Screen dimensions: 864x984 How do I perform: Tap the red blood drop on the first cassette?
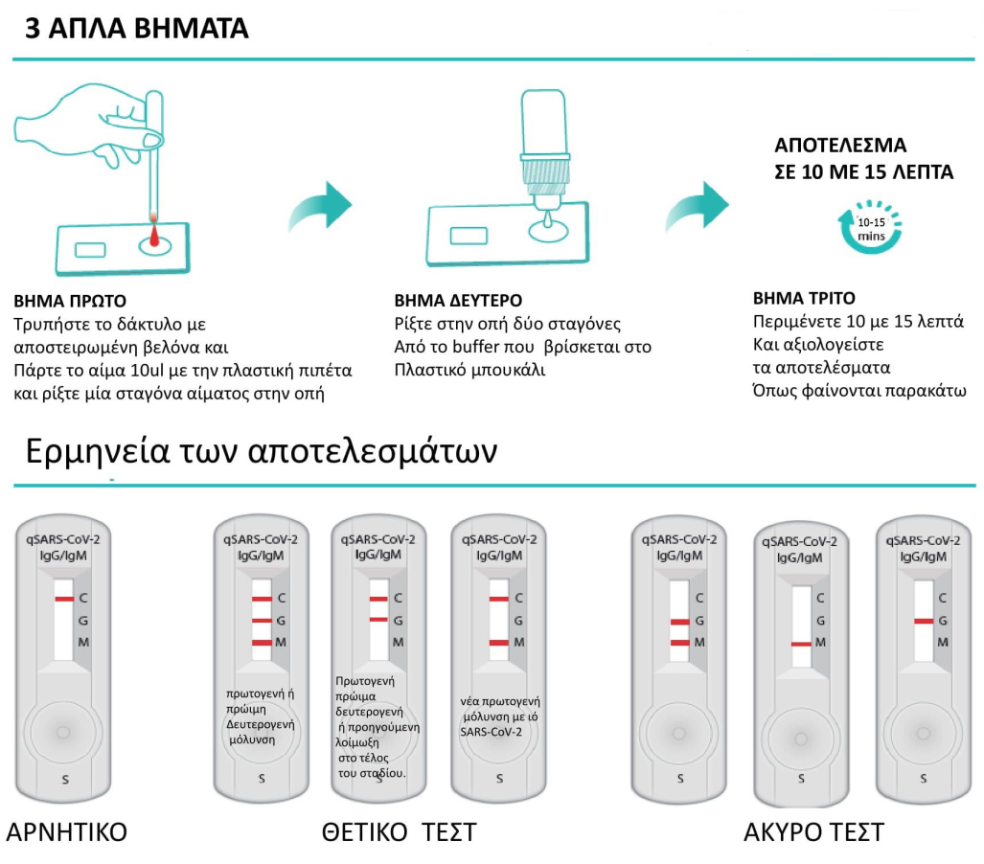(154, 235)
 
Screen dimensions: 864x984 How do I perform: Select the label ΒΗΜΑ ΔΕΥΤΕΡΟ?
(458, 300)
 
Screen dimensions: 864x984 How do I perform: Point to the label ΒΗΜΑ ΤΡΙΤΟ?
(804, 297)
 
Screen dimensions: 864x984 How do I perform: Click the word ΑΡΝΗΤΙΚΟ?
(66, 831)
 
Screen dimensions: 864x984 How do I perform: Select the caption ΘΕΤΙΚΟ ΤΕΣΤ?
(399, 831)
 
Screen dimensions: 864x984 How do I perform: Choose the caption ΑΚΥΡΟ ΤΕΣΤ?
(813, 831)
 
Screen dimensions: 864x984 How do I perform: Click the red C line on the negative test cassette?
(64, 599)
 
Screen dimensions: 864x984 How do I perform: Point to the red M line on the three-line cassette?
(263, 642)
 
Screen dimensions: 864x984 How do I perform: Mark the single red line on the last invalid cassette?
(923, 621)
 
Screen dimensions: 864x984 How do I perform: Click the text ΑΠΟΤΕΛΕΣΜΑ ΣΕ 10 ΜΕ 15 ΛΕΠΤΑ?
(863, 160)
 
